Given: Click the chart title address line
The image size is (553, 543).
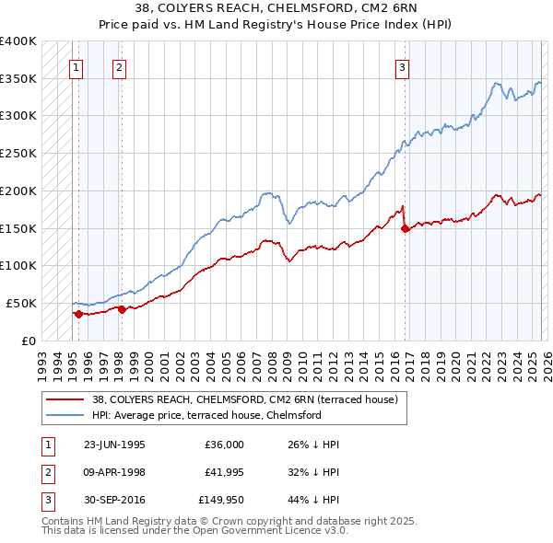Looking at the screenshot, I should pyautogui.click(x=276, y=8).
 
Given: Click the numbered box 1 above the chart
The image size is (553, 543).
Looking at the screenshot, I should pyautogui.click(x=75, y=66).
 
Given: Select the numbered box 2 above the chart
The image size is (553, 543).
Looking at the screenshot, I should pyautogui.click(x=120, y=66).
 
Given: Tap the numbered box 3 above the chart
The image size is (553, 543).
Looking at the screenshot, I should pyautogui.click(x=403, y=66).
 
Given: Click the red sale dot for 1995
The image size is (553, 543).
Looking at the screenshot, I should pyautogui.click(x=78, y=314).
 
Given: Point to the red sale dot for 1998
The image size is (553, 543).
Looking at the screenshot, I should pyautogui.click(x=122, y=309).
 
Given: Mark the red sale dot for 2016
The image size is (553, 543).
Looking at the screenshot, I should pyautogui.click(x=406, y=228).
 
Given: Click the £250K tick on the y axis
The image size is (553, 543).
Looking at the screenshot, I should pyautogui.click(x=18, y=153).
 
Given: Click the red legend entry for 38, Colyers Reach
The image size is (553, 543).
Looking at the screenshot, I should pyautogui.click(x=244, y=399).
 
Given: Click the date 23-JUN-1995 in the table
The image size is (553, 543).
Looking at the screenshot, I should pyautogui.click(x=114, y=444).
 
